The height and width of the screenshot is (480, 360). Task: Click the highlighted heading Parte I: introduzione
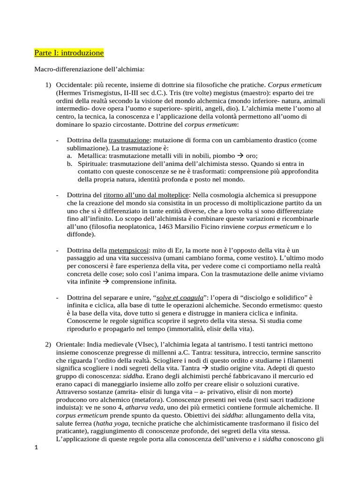tap(69, 52)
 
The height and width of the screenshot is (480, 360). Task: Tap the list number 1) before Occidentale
tap(48, 85)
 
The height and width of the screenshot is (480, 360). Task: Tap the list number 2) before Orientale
tap(48, 345)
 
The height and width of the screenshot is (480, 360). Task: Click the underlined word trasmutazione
tap(129, 140)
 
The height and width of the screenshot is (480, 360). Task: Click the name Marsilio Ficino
tap(219, 226)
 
